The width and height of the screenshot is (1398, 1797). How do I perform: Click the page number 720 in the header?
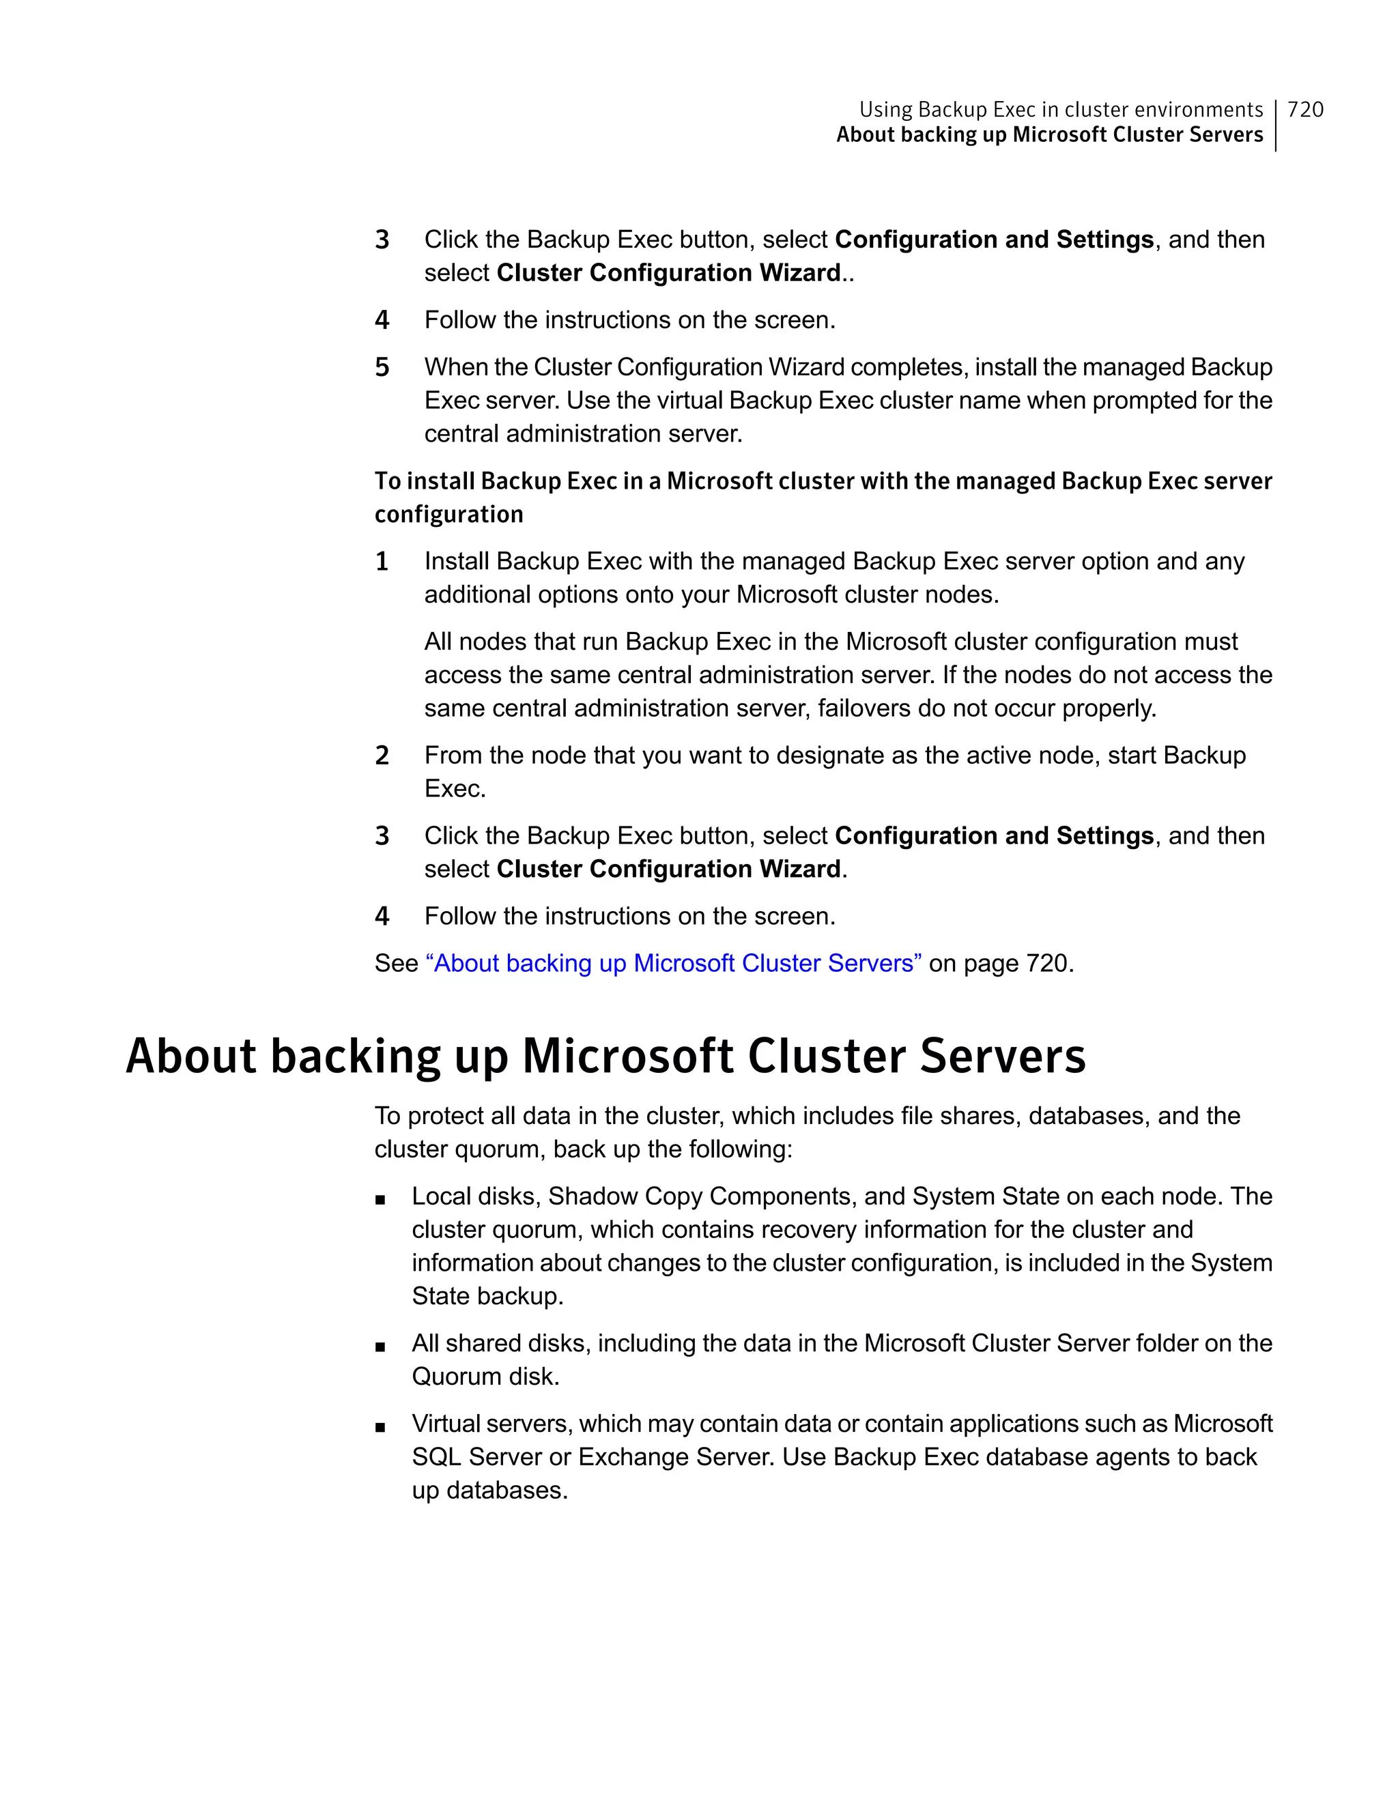(1305, 109)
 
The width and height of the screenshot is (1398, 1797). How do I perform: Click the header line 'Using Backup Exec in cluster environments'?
(1061, 109)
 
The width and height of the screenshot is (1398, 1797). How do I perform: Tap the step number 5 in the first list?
(382, 367)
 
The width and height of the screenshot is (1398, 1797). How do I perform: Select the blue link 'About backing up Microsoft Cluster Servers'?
(673, 963)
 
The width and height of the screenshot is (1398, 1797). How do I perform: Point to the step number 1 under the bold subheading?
(382, 561)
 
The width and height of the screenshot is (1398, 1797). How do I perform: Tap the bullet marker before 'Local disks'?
(380, 1200)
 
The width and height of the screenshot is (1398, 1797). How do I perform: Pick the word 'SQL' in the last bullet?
(436, 1457)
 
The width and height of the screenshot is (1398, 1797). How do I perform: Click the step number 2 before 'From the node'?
(382, 756)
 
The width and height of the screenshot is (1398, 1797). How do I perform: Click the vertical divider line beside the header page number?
(1276, 125)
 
